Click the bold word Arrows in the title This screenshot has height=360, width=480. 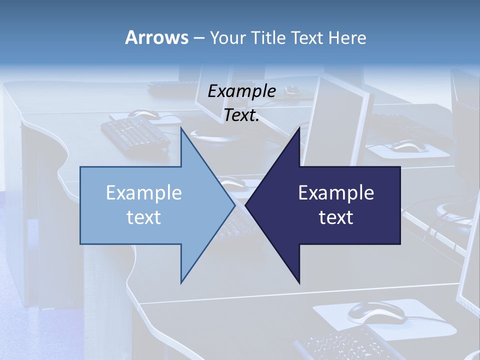coord(156,37)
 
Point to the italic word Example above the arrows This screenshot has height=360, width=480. coord(241,91)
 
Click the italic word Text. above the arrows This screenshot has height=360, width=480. coord(241,115)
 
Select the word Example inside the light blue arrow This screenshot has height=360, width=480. coord(143,192)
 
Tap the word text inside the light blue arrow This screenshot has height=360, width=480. coord(143,217)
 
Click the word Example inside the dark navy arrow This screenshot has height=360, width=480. coord(336,192)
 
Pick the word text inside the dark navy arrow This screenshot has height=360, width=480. coord(336,217)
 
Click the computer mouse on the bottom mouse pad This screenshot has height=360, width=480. coord(375,312)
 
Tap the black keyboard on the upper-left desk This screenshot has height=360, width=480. coord(135,132)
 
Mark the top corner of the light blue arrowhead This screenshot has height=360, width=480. coord(181,129)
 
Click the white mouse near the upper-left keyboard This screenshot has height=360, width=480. coord(145,114)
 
